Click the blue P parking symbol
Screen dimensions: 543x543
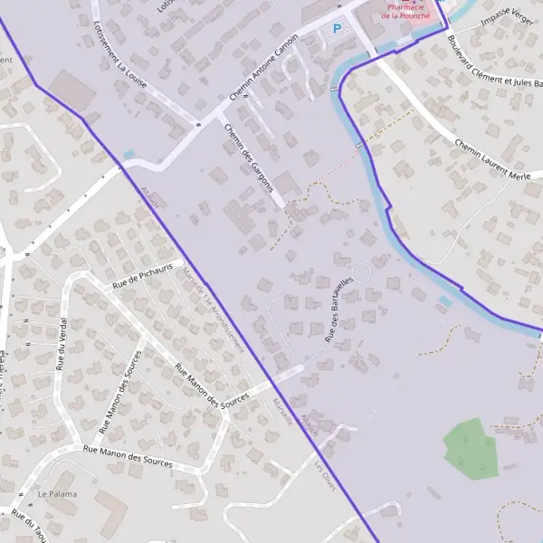[x=338, y=29]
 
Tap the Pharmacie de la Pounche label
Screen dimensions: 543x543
[x=405, y=11]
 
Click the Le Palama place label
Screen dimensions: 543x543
[x=57, y=494]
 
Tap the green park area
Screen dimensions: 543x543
[x=470, y=447]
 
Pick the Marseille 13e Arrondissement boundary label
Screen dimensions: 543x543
[x=213, y=309]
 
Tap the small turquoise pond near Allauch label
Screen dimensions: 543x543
[x=129, y=155]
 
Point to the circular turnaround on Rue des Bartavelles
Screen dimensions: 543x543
[x=361, y=271]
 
